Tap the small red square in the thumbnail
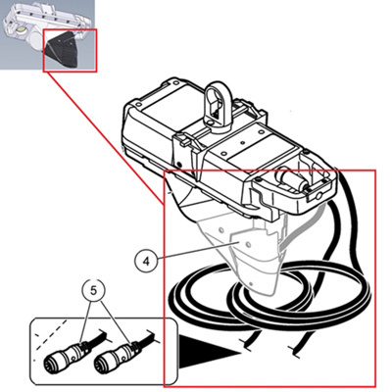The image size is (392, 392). coord(72,54)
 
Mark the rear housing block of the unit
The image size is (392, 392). coord(157,122)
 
